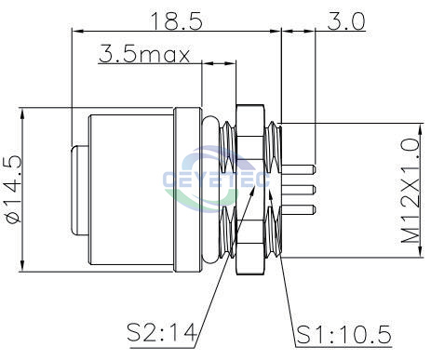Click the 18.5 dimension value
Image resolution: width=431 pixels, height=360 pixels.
pos(177,20)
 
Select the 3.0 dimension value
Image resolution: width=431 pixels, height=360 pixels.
pos(346,21)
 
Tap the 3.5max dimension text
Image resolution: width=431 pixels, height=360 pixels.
pos(144,54)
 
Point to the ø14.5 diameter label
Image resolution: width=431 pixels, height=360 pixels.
pos(13,189)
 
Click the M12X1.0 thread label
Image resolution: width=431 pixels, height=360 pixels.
pos(411,191)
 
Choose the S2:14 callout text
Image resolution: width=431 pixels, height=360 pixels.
pos(162,332)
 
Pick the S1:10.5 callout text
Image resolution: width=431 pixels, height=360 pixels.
pos(343,335)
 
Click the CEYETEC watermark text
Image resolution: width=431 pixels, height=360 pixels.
pos(216,180)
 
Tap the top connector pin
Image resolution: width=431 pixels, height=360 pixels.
pos(298,169)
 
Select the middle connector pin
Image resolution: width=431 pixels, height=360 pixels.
pos(298,190)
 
